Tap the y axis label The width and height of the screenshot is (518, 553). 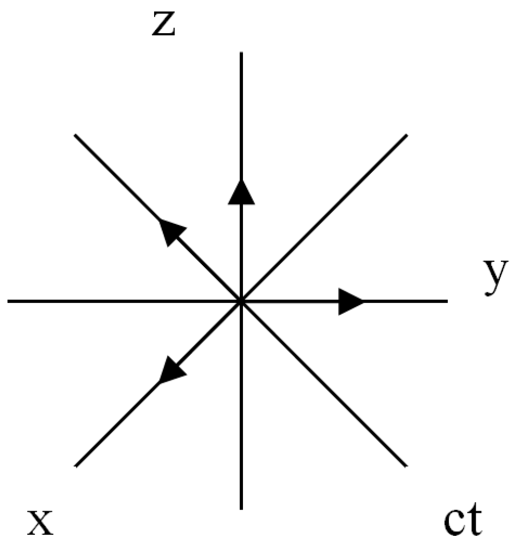click(495, 278)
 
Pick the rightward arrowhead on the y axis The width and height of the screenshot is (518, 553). click(351, 301)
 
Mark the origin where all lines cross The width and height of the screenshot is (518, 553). click(241, 301)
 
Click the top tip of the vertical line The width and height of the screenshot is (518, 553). click(241, 53)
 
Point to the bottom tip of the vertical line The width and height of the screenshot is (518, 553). click(241, 507)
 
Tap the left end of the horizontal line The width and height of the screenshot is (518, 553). click(9, 301)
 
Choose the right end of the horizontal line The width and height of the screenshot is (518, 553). click(446, 301)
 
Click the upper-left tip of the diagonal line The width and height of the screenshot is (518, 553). click(75, 134)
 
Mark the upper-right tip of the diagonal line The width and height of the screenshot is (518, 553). click(408, 134)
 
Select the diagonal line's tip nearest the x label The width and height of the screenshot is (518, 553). click(77, 466)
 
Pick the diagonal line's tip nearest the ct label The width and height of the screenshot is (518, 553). click(406, 466)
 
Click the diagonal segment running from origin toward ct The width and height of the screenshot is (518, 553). click(324, 384)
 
